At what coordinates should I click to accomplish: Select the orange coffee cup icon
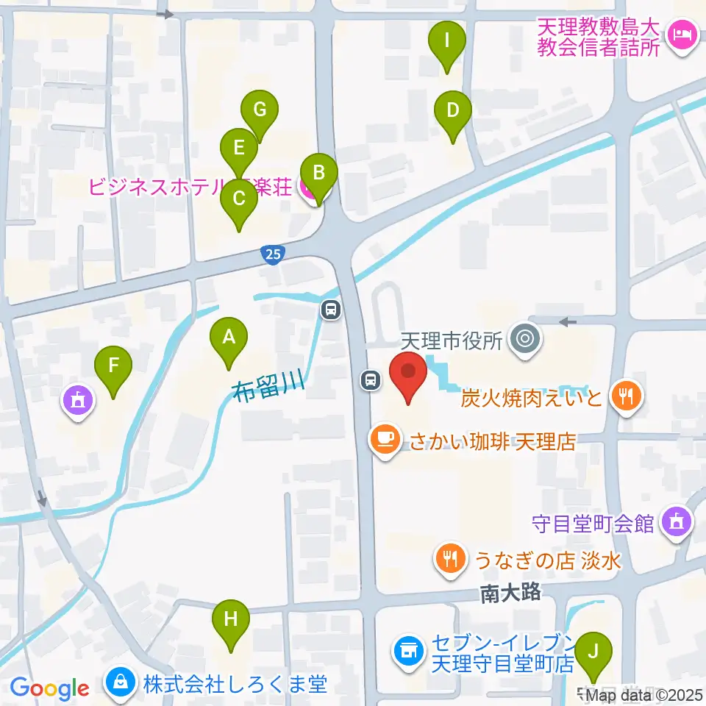[385, 441]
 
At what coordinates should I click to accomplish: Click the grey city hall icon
[527, 339]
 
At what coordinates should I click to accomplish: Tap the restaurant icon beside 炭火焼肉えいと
[627, 398]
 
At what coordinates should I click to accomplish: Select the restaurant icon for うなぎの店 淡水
[449, 560]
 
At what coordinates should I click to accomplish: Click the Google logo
[49, 688]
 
